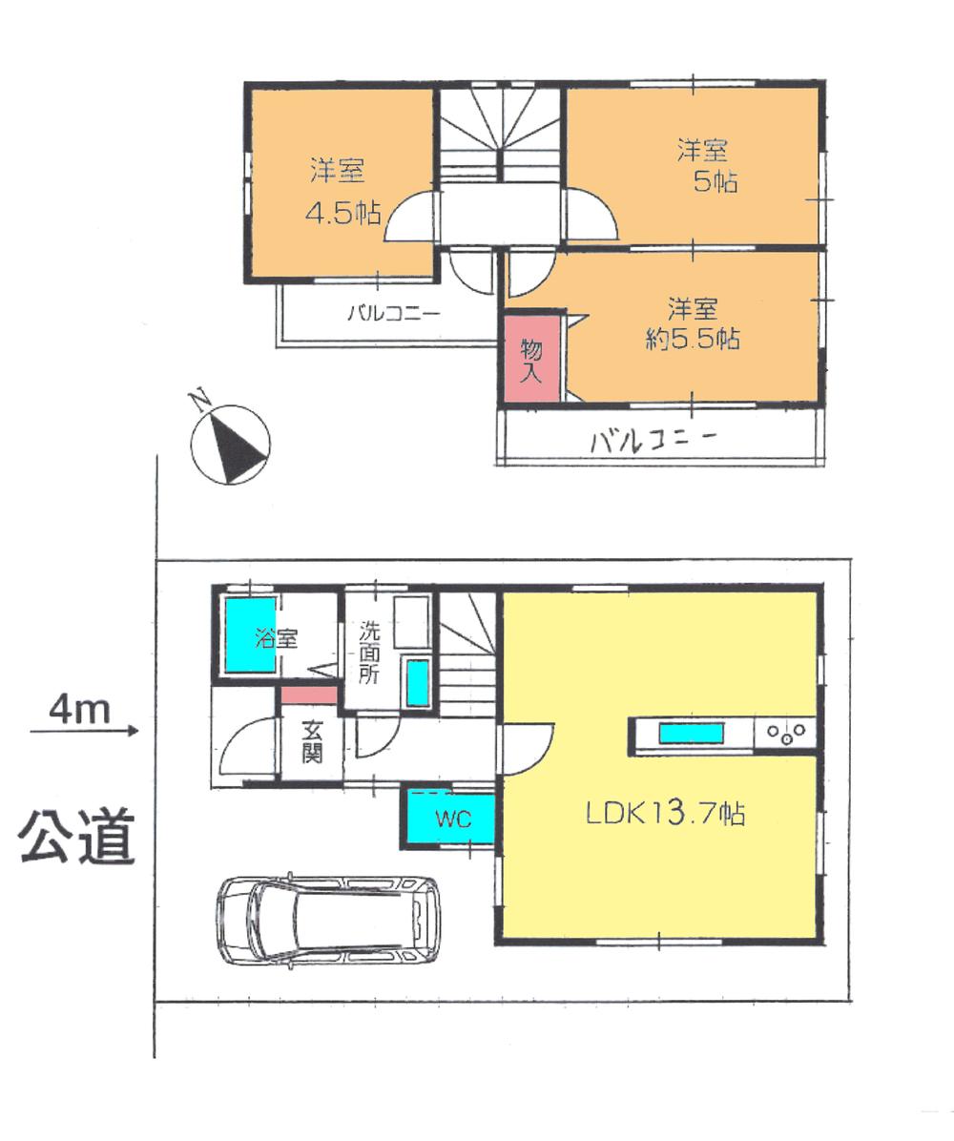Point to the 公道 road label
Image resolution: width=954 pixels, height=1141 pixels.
coord(76,836)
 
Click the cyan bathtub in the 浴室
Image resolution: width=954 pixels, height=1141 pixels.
coord(251,634)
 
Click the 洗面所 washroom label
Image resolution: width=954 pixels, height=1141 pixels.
coord(369,652)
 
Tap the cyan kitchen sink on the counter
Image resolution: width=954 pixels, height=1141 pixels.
coord(691,734)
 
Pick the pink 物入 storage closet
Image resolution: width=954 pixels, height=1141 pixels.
coord(530,359)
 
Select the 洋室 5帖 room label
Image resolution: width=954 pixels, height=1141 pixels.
coord(707,165)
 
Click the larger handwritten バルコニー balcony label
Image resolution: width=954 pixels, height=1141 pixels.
coord(653,441)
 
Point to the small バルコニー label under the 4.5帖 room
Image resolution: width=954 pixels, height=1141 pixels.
coord(392,312)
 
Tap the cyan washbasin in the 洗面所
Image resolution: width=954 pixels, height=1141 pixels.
coord(417,683)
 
